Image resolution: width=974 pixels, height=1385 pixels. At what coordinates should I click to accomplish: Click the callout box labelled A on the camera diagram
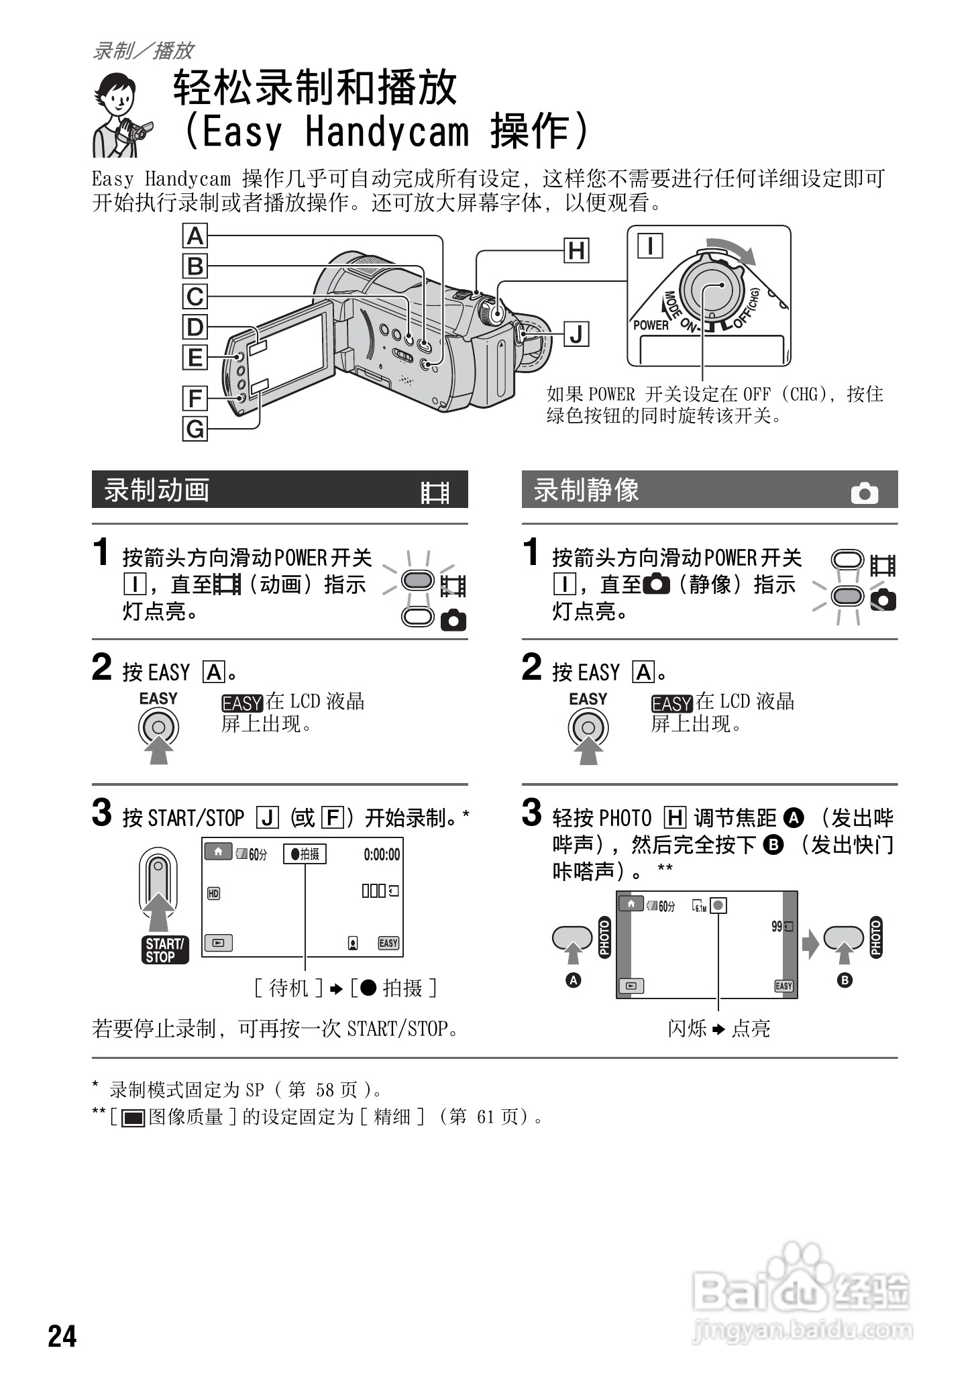tap(195, 236)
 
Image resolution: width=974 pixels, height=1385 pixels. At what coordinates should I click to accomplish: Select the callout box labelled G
tap(195, 428)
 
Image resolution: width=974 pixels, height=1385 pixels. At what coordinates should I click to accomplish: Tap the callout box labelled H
tap(576, 251)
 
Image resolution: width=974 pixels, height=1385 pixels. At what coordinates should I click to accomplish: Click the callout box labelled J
tap(576, 334)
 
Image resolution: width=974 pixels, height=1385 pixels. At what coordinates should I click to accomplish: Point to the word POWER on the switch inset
tap(651, 325)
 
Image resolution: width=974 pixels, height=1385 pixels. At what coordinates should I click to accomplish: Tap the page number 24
tap(62, 1335)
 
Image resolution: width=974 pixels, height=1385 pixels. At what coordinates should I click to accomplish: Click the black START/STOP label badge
tap(165, 950)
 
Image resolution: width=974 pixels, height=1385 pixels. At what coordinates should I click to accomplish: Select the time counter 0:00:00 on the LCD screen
tap(382, 854)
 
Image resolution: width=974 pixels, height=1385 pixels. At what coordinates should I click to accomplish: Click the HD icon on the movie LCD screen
tap(213, 893)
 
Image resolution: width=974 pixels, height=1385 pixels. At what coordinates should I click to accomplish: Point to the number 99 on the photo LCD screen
tap(777, 927)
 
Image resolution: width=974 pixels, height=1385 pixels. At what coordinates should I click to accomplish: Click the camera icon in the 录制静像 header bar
tap(864, 493)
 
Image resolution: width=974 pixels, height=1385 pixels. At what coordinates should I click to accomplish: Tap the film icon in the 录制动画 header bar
tap(435, 493)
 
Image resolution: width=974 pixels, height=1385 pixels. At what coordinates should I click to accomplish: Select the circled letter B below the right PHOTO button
tap(845, 980)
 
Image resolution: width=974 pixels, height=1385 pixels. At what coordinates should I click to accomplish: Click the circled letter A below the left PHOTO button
tap(574, 980)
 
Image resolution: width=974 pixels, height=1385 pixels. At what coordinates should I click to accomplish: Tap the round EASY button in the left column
tap(158, 727)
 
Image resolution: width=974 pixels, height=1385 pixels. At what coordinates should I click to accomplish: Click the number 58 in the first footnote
tap(325, 1090)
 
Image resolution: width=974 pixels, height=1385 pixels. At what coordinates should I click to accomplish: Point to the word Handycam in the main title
tap(387, 131)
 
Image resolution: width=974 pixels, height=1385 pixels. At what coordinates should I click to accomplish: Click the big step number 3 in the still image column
tap(531, 812)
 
